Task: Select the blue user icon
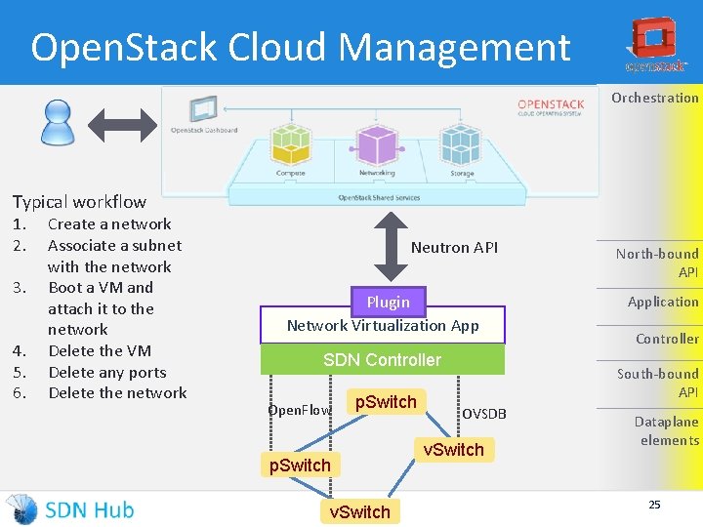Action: click(x=58, y=123)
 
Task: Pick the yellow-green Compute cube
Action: click(x=290, y=144)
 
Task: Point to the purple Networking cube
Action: click(x=376, y=143)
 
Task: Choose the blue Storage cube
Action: click(x=461, y=144)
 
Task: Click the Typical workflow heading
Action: click(x=79, y=202)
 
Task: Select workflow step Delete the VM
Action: click(x=99, y=350)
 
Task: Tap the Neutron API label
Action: click(x=454, y=248)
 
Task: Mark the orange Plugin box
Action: click(x=388, y=302)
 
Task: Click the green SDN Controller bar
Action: click(x=382, y=360)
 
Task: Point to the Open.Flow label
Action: click(x=300, y=410)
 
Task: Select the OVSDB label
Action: click(x=484, y=414)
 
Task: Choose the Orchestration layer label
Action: click(x=654, y=98)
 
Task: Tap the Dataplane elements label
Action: click(x=666, y=430)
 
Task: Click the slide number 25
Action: click(x=654, y=505)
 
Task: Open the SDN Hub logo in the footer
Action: click(x=70, y=508)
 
